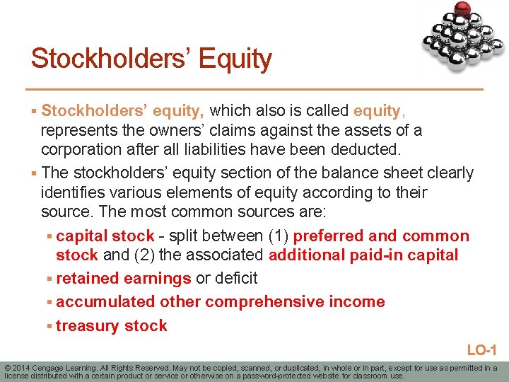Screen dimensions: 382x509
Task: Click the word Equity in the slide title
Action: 235,59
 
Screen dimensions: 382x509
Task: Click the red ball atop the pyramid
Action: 464,8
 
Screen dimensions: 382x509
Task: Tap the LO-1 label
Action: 483,350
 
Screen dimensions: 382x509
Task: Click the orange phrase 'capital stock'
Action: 105,236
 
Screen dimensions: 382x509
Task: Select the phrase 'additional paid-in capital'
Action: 363,255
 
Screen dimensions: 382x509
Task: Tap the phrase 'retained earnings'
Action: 124,278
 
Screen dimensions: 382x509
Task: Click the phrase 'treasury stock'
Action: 112,326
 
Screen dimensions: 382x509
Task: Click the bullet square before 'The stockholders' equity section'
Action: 35,173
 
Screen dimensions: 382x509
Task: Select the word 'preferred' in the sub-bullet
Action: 328,236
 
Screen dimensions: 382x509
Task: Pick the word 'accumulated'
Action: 105,302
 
